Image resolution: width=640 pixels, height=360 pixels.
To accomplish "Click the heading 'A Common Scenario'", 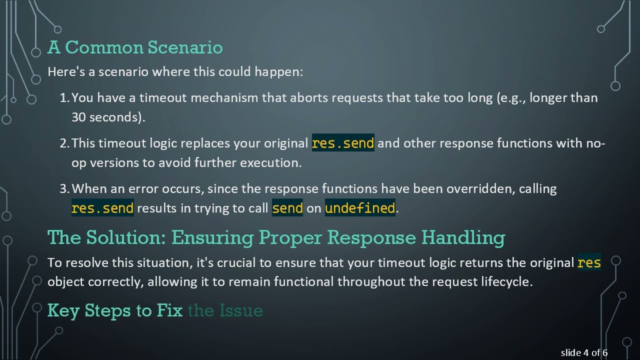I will click(135, 47).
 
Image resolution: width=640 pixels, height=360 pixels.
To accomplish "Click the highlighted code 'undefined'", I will click(360, 208).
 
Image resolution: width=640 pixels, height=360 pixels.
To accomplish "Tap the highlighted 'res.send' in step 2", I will click(343, 143).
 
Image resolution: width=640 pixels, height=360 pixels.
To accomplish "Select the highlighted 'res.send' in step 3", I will click(102, 208).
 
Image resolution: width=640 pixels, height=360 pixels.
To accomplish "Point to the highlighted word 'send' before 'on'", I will click(287, 208).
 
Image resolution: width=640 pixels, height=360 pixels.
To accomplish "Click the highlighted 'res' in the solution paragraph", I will click(589, 262).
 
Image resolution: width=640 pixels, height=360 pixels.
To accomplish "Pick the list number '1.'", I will click(64, 98).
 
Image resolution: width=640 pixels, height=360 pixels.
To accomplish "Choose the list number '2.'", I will click(64, 143).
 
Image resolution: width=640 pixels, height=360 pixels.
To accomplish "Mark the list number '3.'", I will click(64, 189).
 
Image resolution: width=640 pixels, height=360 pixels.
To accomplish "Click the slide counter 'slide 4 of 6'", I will click(584, 353).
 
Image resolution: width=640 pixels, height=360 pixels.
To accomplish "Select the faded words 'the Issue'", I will click(225, 310).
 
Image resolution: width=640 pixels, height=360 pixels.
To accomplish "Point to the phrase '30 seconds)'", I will click(107, 117).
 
